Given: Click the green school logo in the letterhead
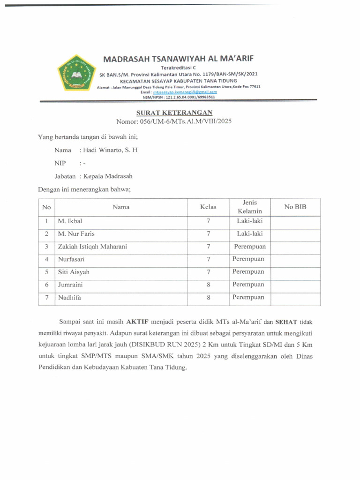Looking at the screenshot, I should pyautogui.click(x=76, y=73).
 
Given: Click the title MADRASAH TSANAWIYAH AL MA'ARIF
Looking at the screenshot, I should pyautogui.click(x=178, y=60).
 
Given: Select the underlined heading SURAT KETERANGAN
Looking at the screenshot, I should pyautogui.click(x=174, y=112).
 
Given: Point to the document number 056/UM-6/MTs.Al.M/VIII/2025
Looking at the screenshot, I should pyautogui.click(x=185, y=121).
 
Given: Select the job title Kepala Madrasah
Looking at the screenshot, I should pyautogui.click(x=108, y=176).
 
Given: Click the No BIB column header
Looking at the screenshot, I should pyautogui.click(x=295, y=207).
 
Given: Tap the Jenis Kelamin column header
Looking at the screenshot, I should pyautogui.click(x=249, y=207).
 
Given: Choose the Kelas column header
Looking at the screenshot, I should pyautogui.click(x=208, y=207).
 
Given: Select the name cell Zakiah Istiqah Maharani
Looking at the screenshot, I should pyautogui.click(x=92, y=246).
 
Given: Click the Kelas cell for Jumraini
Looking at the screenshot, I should pyautogui.click(x=208, y=285).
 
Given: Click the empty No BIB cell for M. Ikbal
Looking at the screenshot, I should pyautogui.click(x=295, y=221).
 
